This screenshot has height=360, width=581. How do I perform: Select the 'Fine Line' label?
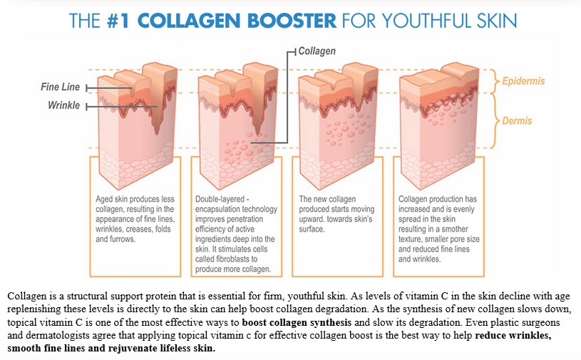(61, 87)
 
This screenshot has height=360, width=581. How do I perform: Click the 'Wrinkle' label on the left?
(63, 106)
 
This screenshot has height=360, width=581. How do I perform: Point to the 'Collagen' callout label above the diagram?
(317, 51)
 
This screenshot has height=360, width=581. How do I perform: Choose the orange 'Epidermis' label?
(523, 81)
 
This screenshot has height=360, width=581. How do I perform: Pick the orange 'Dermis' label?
(517, 120)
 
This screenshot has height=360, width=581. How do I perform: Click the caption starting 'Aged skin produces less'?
(135, 219)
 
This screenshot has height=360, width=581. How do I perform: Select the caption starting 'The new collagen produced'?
(335, 214)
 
